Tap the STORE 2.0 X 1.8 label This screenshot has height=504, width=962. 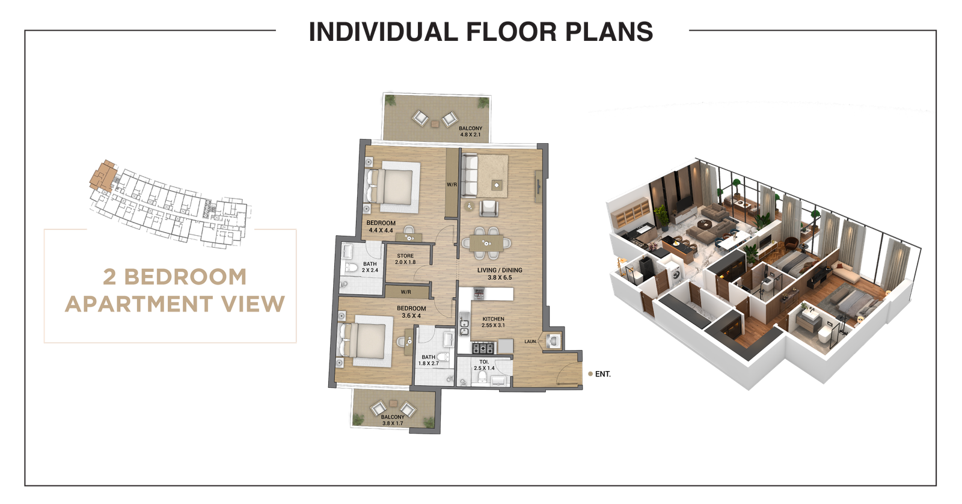tap(405, 259)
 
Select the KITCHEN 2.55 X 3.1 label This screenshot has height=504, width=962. tap(492, 322)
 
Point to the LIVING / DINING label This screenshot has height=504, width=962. tap(500, 274)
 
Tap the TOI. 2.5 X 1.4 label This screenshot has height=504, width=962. tap(483, 365)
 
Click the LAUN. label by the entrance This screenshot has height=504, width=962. tap(530, 342)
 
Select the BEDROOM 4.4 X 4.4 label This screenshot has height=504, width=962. tap(381, 226)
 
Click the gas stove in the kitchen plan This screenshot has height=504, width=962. tap(482, 348)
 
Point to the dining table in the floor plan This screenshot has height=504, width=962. tap(488, 242)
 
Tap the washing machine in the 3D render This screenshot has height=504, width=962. tap(678, 276)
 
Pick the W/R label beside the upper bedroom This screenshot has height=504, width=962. tap(451, 184)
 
